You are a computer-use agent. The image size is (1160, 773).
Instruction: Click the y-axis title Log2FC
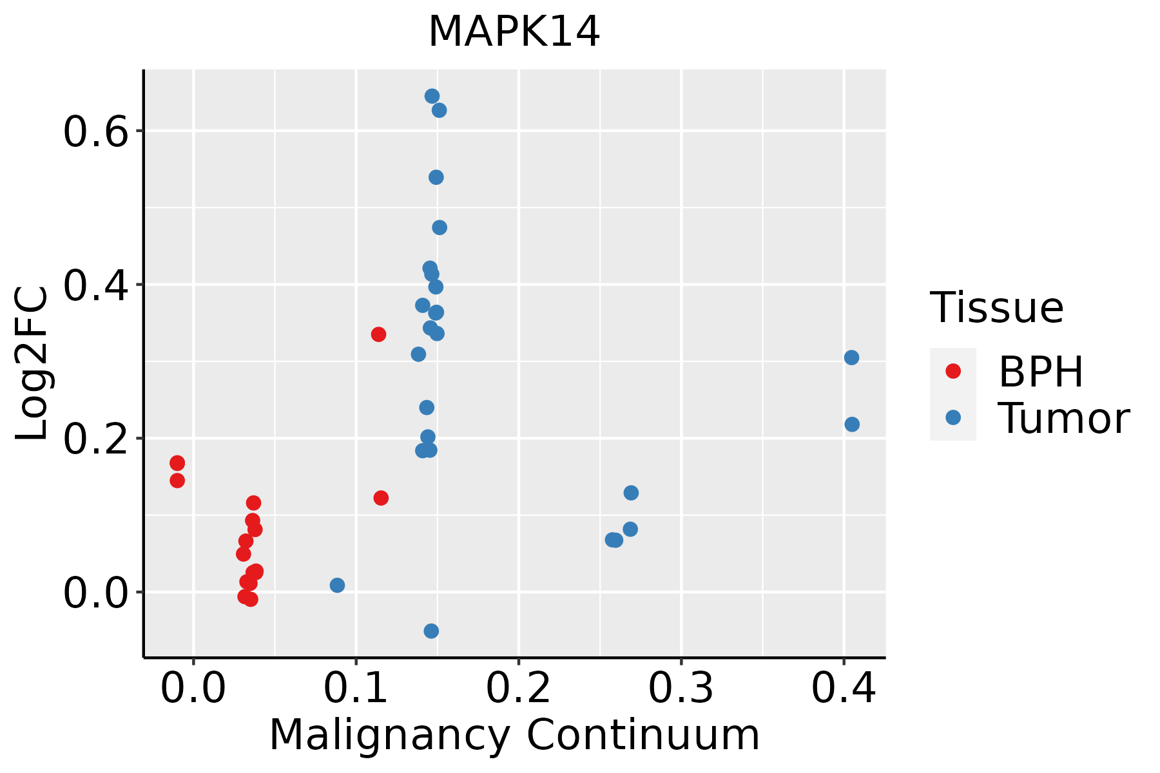[32, 364]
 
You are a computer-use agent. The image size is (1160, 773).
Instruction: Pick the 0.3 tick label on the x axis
[681, 688]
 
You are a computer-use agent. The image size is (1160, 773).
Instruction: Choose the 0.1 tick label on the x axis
[356, 688]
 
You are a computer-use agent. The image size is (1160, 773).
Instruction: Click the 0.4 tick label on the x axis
[843, 688]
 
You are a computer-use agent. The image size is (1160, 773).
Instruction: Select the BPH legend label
[1041, 372]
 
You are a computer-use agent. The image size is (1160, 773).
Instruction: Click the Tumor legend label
[1063, 419]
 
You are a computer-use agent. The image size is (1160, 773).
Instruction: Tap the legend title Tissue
[997, 308]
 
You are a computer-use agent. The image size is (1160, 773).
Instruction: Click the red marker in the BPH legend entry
[952, 371]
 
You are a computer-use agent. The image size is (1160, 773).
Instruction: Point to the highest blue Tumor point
[432, 97]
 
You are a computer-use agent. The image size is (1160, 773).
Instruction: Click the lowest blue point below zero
[431, 631]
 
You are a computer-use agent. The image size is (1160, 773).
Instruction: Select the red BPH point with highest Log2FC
[378, 334]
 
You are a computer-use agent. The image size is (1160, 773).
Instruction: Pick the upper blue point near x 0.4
[851, 358]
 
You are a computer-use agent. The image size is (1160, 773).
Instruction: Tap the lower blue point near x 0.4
[851, 425]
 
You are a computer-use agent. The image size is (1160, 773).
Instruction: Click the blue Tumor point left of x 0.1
[337, 585]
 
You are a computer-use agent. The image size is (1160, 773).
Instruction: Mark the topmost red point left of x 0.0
[177, 463]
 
